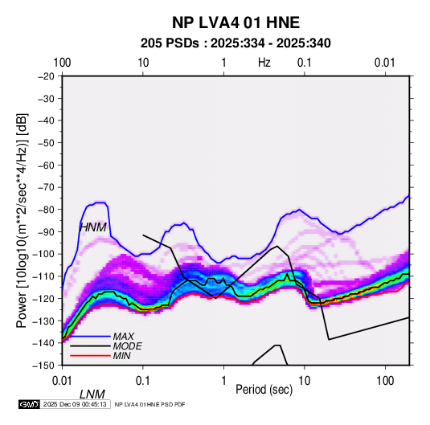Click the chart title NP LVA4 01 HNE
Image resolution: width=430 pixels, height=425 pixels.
click(235, 22)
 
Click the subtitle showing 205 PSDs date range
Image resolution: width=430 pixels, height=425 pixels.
click(235, 43)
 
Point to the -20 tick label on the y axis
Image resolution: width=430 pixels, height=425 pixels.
click(46, 76)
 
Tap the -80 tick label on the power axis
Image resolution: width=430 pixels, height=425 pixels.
click(46, 210)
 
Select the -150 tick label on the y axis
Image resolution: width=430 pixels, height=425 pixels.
click(44, 365)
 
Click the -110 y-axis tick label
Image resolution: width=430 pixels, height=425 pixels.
click(44, 276)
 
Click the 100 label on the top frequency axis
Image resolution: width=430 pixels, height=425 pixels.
click(62, 63)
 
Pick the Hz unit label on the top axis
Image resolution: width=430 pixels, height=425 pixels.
click(264, 63)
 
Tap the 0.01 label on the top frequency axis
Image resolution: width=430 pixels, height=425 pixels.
click(385, 63)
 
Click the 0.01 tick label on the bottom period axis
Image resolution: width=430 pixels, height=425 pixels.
click(62, 381)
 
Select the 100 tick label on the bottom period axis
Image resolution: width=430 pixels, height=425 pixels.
click(385, 381)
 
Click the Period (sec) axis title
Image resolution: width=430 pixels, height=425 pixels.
click(264, 390)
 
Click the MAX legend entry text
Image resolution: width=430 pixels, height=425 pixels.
click(124, 337)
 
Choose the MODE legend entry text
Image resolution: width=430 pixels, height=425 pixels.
click(127, 346)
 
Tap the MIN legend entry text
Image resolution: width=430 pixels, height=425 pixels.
click(121, 356)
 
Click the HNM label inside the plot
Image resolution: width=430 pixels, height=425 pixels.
click(93, 227)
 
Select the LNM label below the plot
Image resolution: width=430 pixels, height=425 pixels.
click(92, 394)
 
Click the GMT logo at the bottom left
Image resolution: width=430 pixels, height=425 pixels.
click(30, 404)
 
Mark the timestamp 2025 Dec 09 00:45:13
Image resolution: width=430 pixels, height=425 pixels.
click(75, 404)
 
